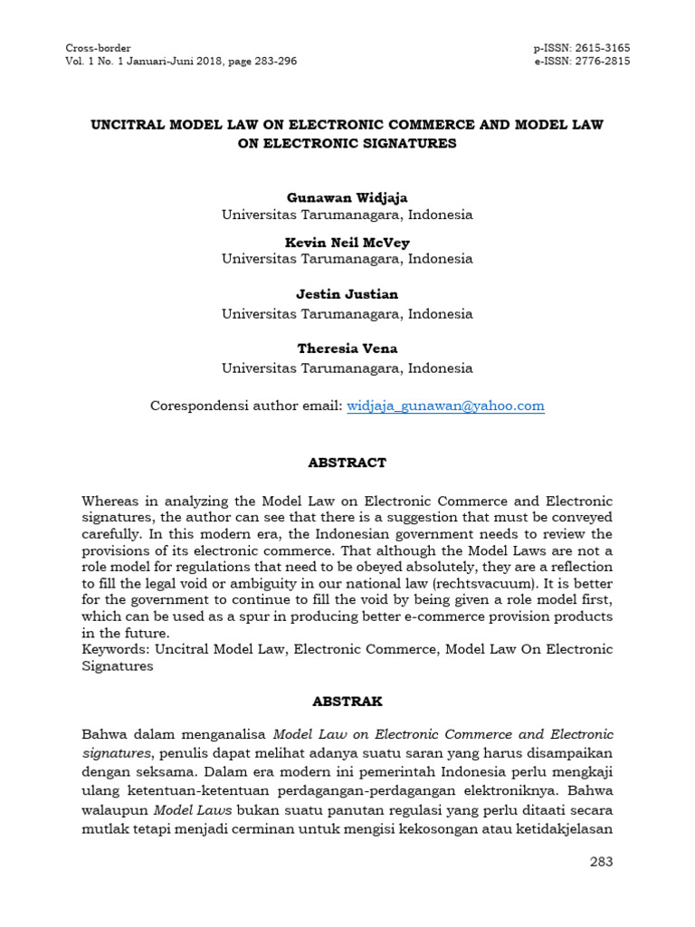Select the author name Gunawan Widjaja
pos(347,196)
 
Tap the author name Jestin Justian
pos(347,294)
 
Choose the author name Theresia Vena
pos(347,349)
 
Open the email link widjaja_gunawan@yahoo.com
pos(446,406)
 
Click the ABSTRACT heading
pos(347,462)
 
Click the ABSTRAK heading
pos(347,701)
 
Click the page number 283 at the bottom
pos(601,861)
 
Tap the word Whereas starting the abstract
pos(112,501)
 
